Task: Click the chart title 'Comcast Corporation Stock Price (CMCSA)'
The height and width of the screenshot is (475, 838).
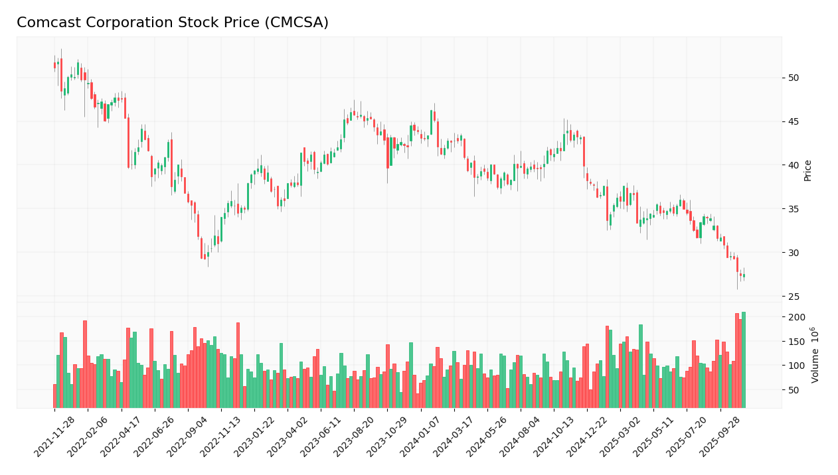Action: (173, 23)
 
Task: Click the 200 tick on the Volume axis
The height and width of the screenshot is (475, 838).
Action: (797, 317)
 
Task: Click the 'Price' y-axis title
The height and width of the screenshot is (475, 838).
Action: (808, 170)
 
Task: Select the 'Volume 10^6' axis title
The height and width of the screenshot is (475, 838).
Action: (815, 355)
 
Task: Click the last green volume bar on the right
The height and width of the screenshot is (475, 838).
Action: (744, 360)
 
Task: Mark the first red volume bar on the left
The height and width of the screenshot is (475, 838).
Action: (54, 396)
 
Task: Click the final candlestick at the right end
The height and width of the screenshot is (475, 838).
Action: (744, 275)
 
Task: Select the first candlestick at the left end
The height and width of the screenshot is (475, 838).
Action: (54, 65)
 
